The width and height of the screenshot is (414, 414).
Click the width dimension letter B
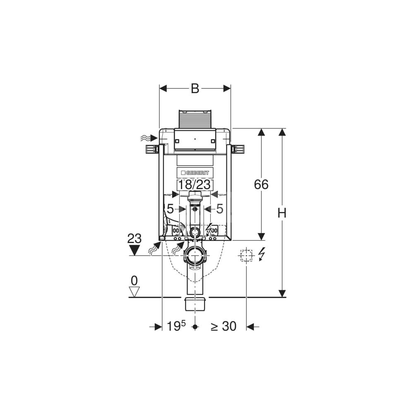coord(195,89)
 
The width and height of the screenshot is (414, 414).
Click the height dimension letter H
coord(282,213)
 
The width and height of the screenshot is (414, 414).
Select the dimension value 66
coord(261,184)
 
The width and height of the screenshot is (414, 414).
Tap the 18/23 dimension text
coord(195,185)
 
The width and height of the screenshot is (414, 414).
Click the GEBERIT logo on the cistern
coord(195,173)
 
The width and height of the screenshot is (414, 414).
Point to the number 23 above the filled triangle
coord(135,239)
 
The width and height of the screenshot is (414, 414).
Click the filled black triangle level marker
coord(135,250)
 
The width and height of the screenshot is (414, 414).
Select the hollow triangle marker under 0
coord(135,292)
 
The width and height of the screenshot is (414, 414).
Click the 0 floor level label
coord(135,281)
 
